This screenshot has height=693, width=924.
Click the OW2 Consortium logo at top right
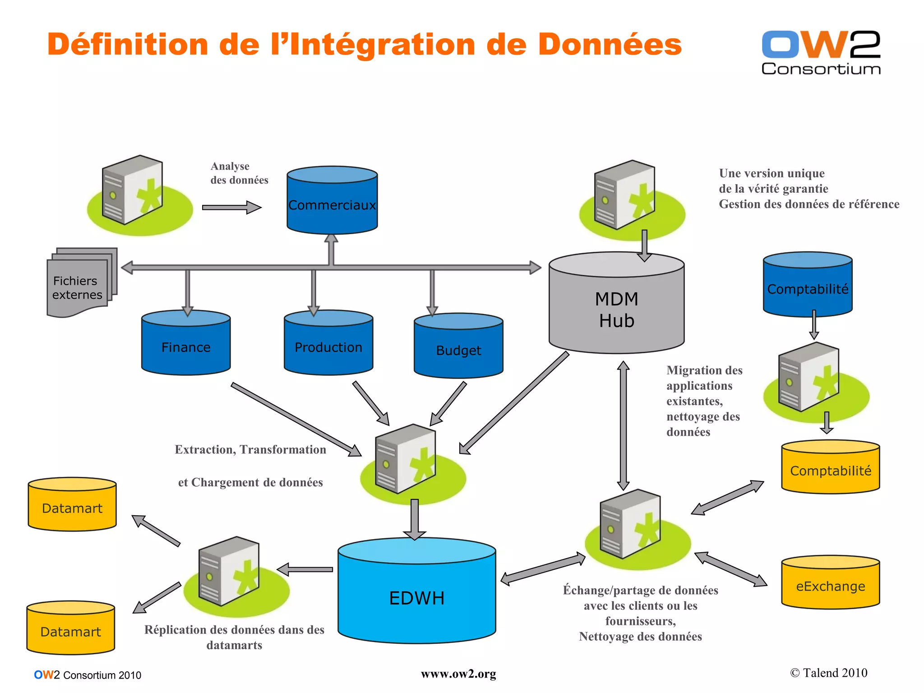coord(821,52)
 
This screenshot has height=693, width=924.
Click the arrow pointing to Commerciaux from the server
coord(231,208)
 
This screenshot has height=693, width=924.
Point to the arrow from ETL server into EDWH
coord(415,519)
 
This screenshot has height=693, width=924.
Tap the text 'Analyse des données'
coord(239,173)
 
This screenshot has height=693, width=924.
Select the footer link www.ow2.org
coord(458,674)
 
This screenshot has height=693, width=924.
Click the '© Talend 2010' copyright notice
coord(828,673)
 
